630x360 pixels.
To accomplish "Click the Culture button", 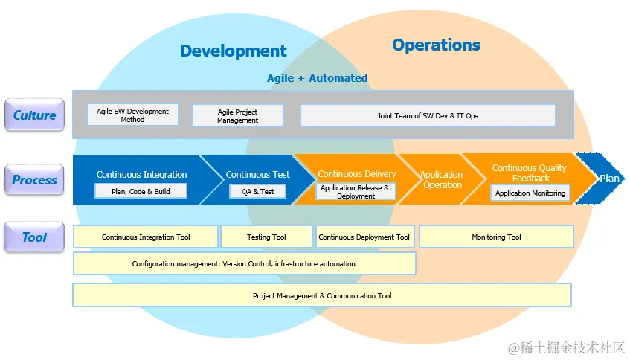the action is pos(34,115).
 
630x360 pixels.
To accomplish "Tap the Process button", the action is pos(34,179).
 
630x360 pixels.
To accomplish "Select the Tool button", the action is pos(34,237).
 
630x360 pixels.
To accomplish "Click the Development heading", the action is pos(233,51).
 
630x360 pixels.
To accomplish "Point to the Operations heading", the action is pos(437,45).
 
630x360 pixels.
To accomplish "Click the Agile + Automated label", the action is pos(318,78).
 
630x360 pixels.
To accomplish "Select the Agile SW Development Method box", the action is pos(132,115).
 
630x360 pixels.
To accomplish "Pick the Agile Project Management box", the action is pos(237,116).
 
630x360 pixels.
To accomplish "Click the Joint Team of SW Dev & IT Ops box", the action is pos(428,116).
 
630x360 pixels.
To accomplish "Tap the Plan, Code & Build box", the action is pos(141,191).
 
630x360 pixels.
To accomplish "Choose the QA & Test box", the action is pos(257,192).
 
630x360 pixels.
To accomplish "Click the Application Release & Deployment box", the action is pos(356,192).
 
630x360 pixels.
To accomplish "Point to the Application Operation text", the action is pos(442,179).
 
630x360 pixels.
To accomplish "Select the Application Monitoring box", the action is pos(530,193).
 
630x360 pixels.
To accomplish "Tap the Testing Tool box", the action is pos(266,237).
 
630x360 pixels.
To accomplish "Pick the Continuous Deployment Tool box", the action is pos(364,237).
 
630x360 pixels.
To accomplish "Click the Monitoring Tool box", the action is pos(496,237).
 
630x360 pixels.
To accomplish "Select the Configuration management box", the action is pos(244,263).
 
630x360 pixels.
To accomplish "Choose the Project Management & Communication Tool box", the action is pos(322,295).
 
